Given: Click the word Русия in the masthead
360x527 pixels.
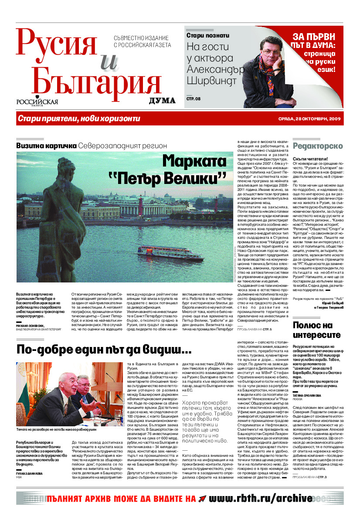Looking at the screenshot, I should (57, 45).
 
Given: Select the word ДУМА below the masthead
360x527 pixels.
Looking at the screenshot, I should (162, 101).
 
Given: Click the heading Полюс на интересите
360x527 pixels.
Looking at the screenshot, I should (316, 330).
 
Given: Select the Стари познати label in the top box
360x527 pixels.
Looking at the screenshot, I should (207, 36).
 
